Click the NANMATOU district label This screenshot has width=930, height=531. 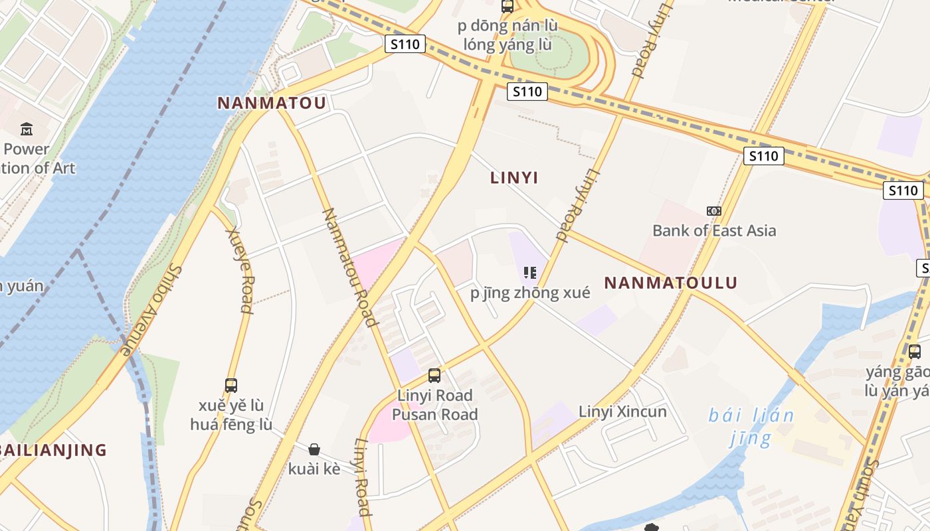coord(272,103)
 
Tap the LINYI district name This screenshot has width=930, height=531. coord(514,178)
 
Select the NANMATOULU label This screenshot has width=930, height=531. coord(671,283)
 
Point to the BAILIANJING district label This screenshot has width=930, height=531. coord(53,450)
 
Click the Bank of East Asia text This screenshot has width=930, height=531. coord(714,230)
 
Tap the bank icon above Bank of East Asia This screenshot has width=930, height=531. coord(714,211)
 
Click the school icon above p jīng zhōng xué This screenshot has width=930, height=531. coord(529,272)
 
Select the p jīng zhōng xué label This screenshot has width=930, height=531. coord(530,293)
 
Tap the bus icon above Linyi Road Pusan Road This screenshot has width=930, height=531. coord(434,376)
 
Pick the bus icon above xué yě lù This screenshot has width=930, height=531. coord(231,385)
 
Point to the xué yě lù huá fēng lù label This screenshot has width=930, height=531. coord(231,415)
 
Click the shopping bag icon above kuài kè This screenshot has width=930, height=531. coord(314,449)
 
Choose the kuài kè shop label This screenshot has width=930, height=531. coord(314,469)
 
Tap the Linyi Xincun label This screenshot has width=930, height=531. coord(622,412)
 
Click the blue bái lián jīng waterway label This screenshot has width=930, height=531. coord(751,427)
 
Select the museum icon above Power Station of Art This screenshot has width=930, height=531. coord(27,129)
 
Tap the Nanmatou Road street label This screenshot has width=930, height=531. coord(349,267)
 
